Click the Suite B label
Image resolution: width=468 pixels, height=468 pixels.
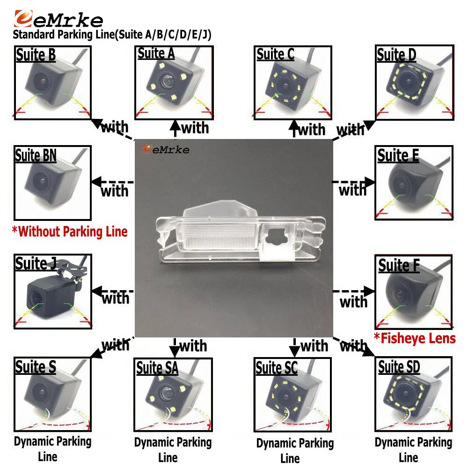click(36, 55)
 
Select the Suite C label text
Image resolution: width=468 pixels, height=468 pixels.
click(275, 54)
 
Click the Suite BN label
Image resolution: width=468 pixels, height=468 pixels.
click(36, 155)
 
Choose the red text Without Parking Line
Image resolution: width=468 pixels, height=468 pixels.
click(70, 232)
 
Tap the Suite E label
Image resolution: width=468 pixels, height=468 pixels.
click(398, 155)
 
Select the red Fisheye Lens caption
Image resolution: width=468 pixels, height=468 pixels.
click(415, 338)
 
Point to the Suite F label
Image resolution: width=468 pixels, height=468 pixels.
click(399, 265)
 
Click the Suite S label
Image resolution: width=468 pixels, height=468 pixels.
click(36, 366)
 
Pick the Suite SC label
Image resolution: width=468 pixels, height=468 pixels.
click(277, 367)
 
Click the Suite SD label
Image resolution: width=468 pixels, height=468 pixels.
click(399, 367)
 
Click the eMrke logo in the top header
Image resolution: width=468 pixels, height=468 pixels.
click(58, 19)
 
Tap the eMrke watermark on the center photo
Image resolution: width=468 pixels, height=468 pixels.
click(166, 149)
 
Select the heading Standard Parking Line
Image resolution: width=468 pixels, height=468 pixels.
click(112, 35)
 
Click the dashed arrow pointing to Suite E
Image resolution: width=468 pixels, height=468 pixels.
click(353, 182)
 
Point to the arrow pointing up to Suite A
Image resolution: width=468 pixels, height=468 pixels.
click(175, 129)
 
